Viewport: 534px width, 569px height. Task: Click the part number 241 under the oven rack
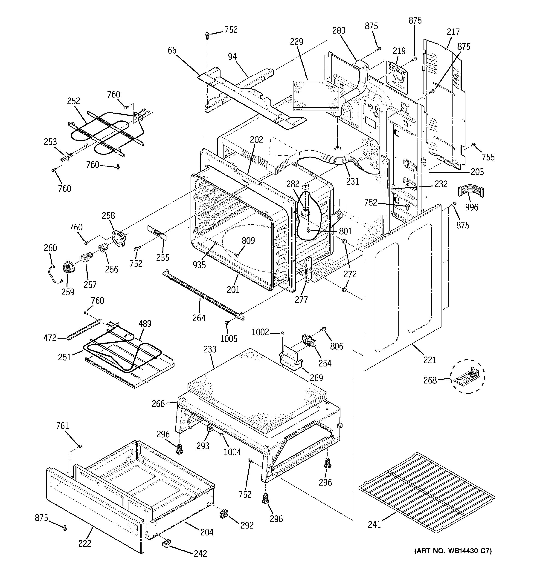click(374, 524)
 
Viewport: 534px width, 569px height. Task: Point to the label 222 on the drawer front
click(85, 543)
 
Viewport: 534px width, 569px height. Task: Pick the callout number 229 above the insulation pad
click(296, 42)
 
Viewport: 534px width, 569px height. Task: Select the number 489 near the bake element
click(145, 324)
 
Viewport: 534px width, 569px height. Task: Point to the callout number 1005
click(229, 339)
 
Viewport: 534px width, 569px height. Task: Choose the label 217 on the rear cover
click(453, 32)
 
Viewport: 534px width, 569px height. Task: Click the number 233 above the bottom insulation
click(210, 349)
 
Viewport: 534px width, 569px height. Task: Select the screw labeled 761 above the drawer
click(80, 446)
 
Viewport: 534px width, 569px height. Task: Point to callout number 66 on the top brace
click(172, 51)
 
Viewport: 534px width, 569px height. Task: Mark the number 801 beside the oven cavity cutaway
click(345, 231)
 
